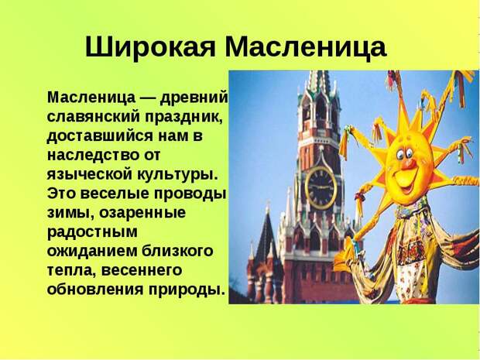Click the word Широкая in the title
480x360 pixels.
pyautogui.click(x=150, y=48)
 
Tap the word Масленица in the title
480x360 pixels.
pyautogui.click(x=306, y=48)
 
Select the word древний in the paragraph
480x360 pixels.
pyautogui.click(x=194, y=98)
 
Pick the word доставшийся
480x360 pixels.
pyautogui.click(x=100, y=136)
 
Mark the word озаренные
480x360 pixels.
pyautogui.click(x=142, y=213)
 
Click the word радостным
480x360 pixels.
pyautogui.click(x=92, y=232)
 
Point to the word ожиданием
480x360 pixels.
pyautogui.click(x=91, y=252)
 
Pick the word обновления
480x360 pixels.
pyautogui.click(x=95, y=290)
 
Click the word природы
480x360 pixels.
pyautogui.click(x=187, y=290)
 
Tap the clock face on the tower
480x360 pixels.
pyautogui.click(x=321, y=187)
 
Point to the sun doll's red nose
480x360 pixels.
pyautogui.click(x=408, y=164)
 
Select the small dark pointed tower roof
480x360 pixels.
pyautogui.click(x=266, y=235)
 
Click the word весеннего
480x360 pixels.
pyautogui.click(x=141, y=271)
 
